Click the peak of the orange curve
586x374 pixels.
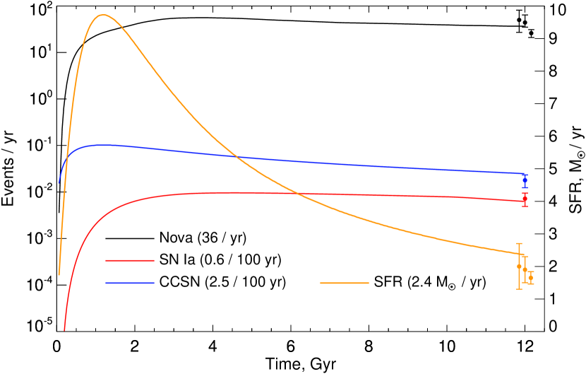(x=103, y=15)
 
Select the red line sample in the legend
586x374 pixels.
(x=130, y=261)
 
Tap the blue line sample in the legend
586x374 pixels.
(x=130, y=283)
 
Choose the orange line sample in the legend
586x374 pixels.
(x=345, y=283)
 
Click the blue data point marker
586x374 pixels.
(x=525, y=181)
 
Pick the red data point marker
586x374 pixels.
(x=525, y=199)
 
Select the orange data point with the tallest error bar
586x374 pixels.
(x=519, y=267)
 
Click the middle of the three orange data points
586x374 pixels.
(x=525, y=270)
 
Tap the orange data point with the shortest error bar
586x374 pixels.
(x=530, y=277)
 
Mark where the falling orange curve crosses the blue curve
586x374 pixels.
(x=235, y=156)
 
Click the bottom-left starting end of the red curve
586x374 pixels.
(x=64, y=329)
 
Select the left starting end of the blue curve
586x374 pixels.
(x=59, y=182)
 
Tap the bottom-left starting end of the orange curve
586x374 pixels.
(x=59, y=274)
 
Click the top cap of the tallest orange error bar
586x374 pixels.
(x=519, y=243)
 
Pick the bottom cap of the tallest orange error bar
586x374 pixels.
(x=519, y=289)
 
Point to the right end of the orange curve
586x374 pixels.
(x=522, y=254)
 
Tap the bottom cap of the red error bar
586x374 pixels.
(x=525, y=206)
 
